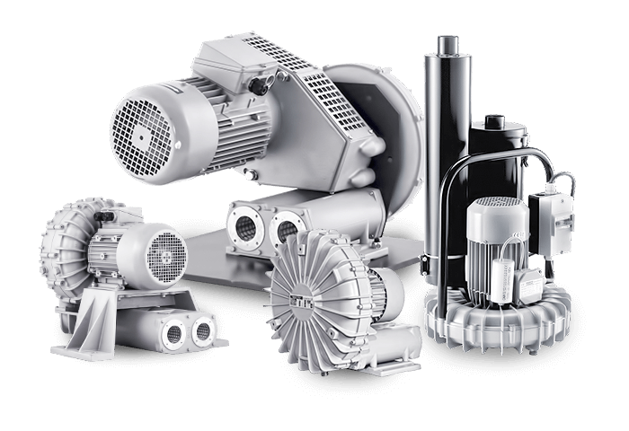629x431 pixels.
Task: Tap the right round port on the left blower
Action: [202, 331]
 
